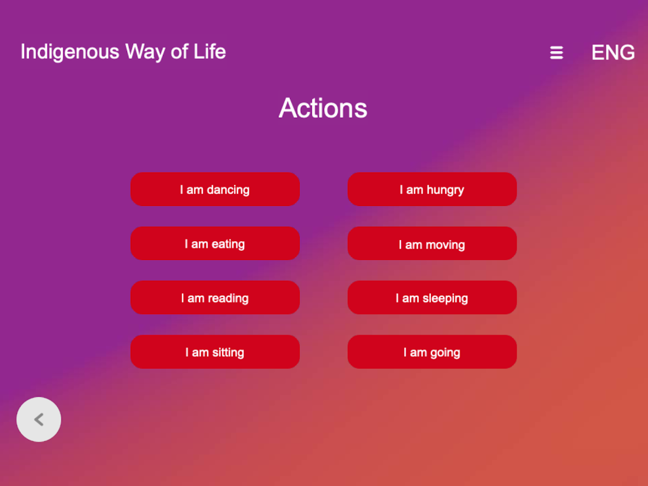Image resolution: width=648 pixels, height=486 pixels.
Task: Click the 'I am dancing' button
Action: [215, 189]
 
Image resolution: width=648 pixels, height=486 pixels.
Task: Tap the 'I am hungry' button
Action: [432, 189]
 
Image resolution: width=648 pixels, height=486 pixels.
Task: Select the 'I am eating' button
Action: [215, 243]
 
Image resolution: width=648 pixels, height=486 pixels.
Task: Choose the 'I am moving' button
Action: [432, 243]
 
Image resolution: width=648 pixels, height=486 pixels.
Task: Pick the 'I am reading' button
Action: [215, 297]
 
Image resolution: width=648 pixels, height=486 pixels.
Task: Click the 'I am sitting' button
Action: [215, 352]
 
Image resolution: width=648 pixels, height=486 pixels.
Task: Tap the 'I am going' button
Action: [432, 352]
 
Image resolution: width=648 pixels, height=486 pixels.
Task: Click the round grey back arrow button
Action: [39, 420]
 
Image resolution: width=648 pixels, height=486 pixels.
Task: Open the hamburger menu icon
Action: [557, 53]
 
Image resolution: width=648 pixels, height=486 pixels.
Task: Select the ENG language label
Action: [613, 52]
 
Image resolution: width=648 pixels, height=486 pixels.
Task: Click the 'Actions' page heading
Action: [323, 108]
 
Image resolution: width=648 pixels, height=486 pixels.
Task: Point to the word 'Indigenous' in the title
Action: [70, 52]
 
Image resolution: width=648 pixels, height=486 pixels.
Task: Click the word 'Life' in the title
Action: [210, 52]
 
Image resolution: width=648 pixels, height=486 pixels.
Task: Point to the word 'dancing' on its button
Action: [228, 190]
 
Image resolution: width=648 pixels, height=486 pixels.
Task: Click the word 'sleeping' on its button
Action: [445, 298]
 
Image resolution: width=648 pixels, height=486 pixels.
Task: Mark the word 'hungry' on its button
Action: [445, 190]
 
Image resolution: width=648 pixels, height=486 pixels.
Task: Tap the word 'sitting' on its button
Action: [228, 352]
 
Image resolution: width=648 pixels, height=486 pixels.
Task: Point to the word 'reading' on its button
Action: [228, 298]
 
